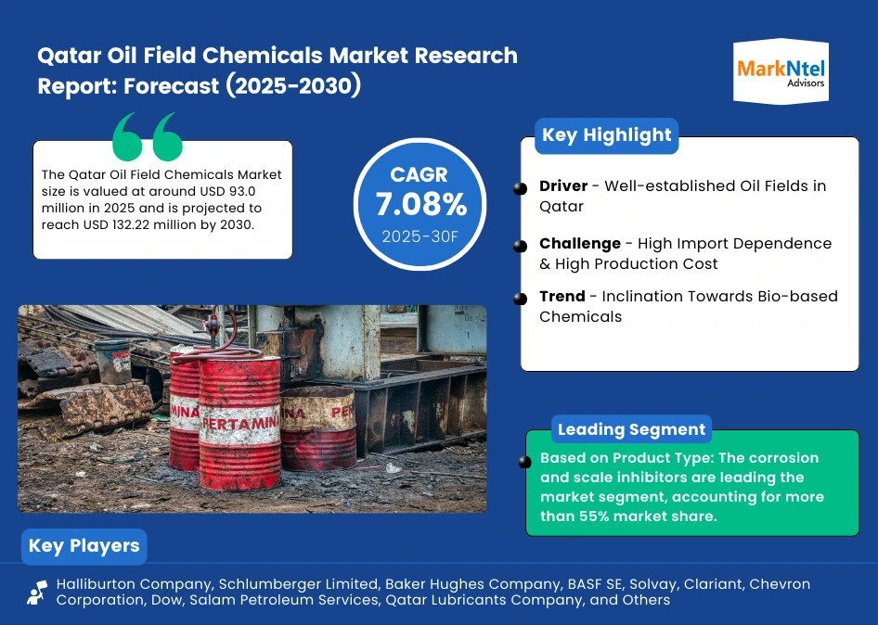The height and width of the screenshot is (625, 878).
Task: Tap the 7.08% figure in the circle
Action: click(420, 204)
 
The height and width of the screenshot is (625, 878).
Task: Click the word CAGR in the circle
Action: click(420, 174)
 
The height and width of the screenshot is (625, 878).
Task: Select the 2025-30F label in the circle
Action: click(420, 236)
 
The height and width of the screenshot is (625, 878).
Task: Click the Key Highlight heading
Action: click(606, 135)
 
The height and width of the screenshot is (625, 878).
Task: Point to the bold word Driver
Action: click(563, 186)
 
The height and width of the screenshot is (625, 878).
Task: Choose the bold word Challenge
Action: click(580, 244)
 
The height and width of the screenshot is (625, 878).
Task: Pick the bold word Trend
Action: click(562, 297)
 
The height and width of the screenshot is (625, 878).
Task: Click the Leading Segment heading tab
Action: click(631, 430)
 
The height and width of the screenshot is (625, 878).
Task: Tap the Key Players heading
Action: click(84, 545)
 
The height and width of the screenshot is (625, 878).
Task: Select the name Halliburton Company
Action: click(122, 585)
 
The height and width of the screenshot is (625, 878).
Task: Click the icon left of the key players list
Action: click(37, 593)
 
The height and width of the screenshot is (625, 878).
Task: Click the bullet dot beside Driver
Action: click(520, 188)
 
